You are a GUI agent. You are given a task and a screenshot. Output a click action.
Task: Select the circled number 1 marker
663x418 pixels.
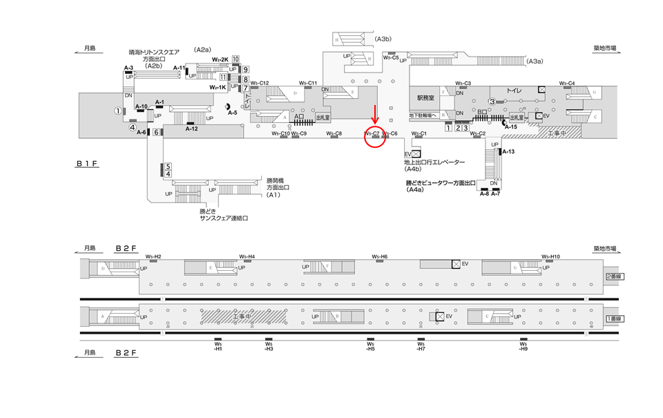pyautogui.click(x=118, y=111)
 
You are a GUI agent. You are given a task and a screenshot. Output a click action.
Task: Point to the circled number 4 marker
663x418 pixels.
pyautogui.click(x=132, y=127)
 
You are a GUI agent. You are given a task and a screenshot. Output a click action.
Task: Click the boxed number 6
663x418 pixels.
pyautogui.click(x=157, y=133)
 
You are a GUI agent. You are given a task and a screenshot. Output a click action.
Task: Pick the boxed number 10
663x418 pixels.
pyautogui.click(x=236, y=59)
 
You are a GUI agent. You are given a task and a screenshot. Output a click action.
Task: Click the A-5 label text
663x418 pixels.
pyautogui.click(x=232, y=113)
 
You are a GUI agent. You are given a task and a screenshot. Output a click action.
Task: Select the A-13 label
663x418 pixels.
pyautogui.click(x=508, y=151)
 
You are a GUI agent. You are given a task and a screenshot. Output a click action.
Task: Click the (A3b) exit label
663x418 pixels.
pyautogui.click(x=384, y=39)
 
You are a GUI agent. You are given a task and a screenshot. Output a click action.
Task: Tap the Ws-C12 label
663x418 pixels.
pyautogui.click(x=260, y=84)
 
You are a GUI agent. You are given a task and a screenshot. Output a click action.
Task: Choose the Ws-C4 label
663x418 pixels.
pyautogui.click(x=568, y=84)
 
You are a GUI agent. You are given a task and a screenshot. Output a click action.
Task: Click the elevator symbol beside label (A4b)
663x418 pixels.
pyautogui.click(x=416, y=154)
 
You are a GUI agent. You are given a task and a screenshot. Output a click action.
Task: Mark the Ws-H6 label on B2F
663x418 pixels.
pyautogui.click(x=380, y=256)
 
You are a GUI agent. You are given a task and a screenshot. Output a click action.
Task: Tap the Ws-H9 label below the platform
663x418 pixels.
pyautogui.click(x=524, y=346)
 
